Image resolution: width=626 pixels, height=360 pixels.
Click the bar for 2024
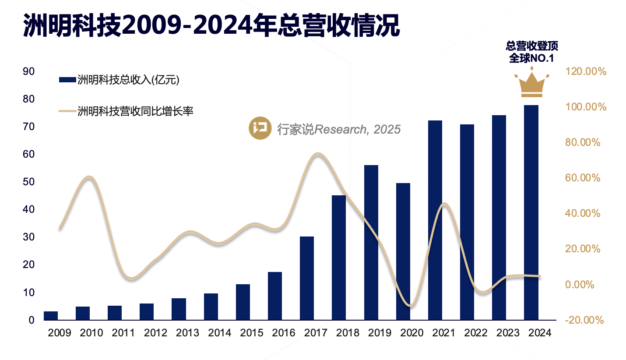[531, 212]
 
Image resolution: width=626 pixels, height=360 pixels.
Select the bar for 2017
[307, 278]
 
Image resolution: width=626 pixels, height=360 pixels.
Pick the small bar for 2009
[51, 315]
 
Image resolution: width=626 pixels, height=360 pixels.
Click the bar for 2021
[435, 220]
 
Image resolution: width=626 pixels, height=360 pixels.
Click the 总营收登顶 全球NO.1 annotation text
[531, 52]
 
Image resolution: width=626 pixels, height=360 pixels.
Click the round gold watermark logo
[260, 128]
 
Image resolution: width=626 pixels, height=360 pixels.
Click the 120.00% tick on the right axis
[585, 71]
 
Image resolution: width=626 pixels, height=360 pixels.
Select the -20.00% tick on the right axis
[584, 320]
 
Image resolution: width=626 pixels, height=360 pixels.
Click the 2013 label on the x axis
[187, 333]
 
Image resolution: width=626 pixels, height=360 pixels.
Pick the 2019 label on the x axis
[380, 333]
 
